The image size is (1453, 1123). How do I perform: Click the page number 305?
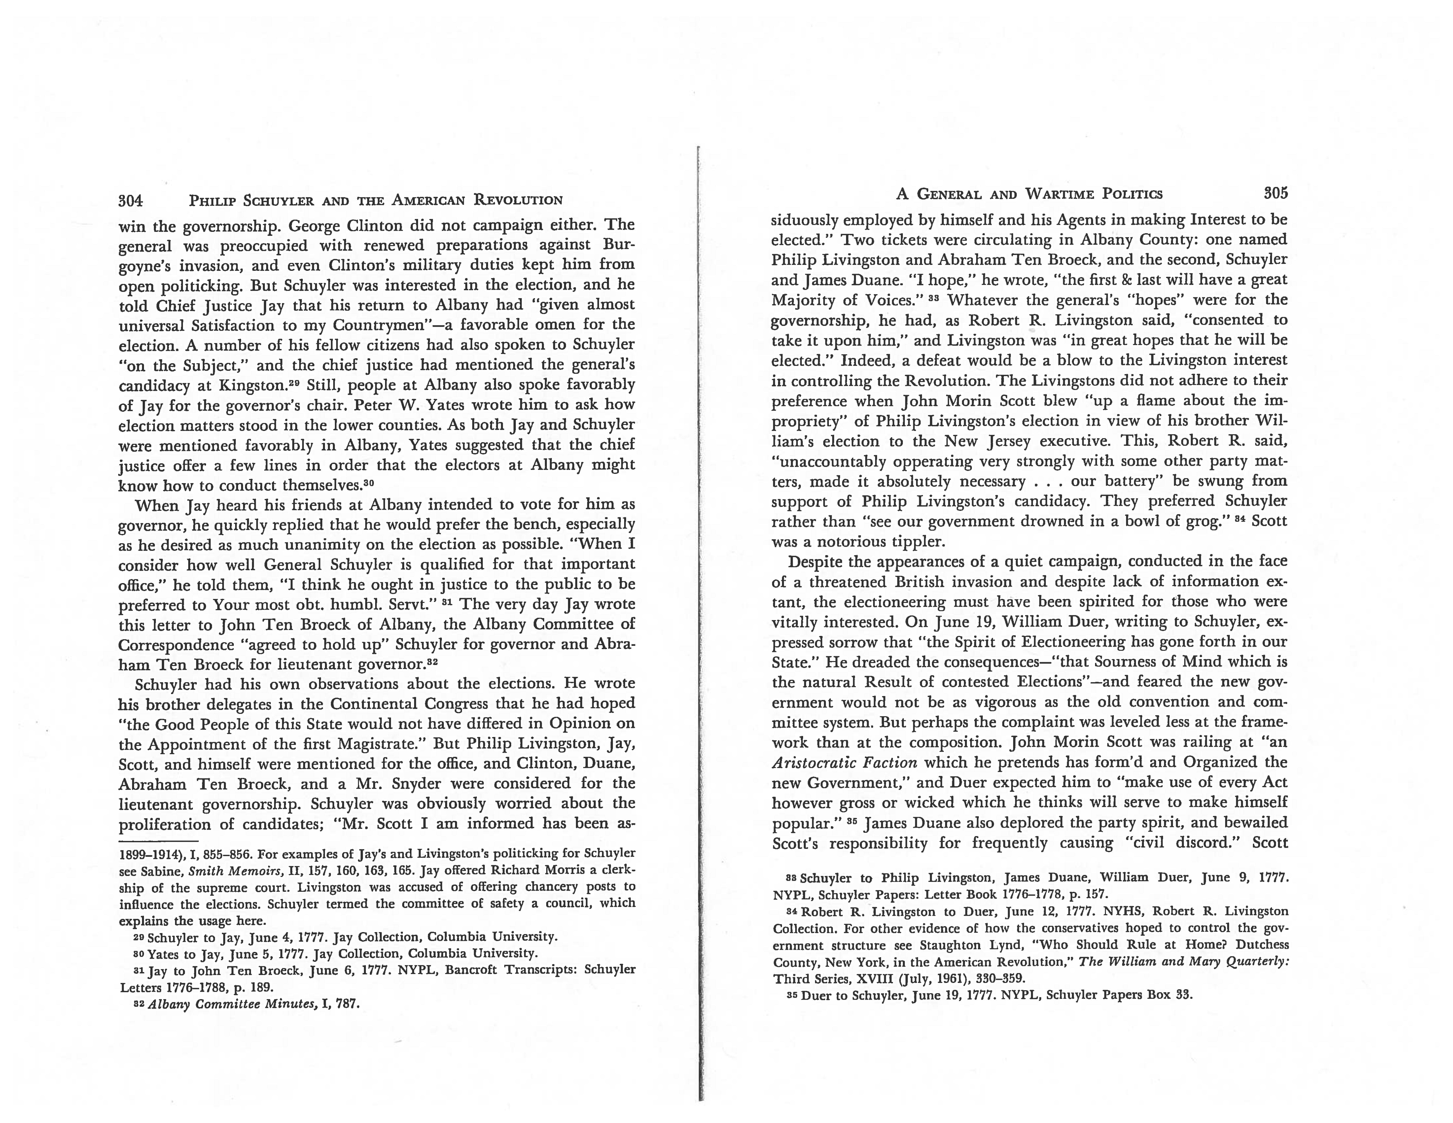pos(1275,194)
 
